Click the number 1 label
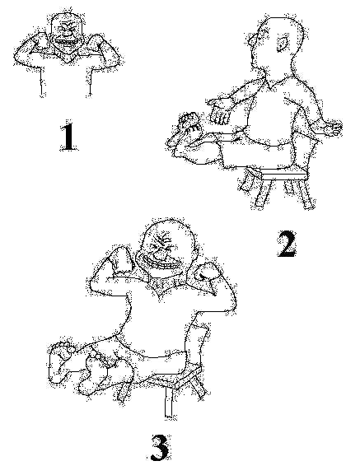point(69,137)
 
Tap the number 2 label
point(287,244)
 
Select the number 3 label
point(160,447)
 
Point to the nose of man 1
point(68,33)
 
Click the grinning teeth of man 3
point(158,263)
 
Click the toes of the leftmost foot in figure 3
point(63,347)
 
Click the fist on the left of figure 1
point(40,43)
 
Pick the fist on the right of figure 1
point(93,43)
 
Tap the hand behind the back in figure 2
point(332,128)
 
